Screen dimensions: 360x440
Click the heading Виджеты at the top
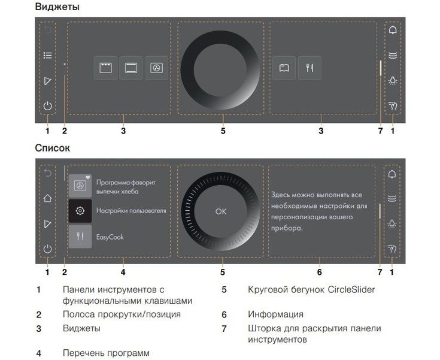point(57,7)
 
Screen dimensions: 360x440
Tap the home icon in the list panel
point(48,198)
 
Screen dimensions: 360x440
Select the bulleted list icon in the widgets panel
point(48,55)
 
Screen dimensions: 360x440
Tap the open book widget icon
point(284,68)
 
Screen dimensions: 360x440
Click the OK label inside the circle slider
point(221,211)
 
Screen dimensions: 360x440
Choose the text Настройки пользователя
point(131,211)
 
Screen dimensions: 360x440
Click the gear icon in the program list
point(80,211)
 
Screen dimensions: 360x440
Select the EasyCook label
point(110,237)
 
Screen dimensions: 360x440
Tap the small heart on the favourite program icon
point(88,177)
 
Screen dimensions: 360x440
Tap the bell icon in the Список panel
point(393,174)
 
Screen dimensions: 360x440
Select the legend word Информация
point(275,314)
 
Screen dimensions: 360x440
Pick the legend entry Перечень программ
point(105,353)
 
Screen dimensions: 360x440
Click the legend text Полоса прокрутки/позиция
point(121,314)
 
